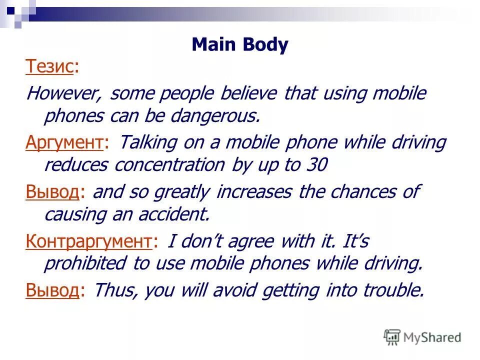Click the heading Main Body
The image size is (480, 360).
coord(240,45)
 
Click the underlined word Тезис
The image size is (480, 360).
coord(49,66)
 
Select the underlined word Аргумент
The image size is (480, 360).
coord(64,142)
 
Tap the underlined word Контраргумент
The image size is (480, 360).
coord(88,241)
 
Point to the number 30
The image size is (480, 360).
coord(315,165)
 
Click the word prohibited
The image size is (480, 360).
coord(85,263)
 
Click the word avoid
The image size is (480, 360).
coord(220,289)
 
